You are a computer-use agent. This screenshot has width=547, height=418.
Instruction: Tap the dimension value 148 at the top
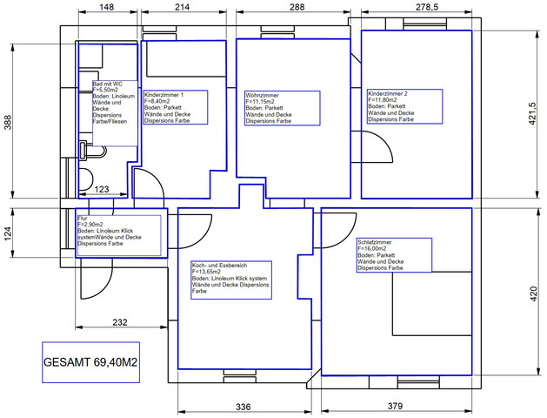coord(107,7)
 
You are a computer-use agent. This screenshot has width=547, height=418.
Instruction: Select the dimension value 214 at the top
coord(182,7)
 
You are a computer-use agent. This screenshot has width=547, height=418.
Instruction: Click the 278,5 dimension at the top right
coord(426,7)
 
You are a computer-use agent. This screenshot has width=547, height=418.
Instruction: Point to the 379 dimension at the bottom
coord(395,407)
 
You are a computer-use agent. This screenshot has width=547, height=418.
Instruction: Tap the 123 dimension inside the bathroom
coord(101,189)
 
